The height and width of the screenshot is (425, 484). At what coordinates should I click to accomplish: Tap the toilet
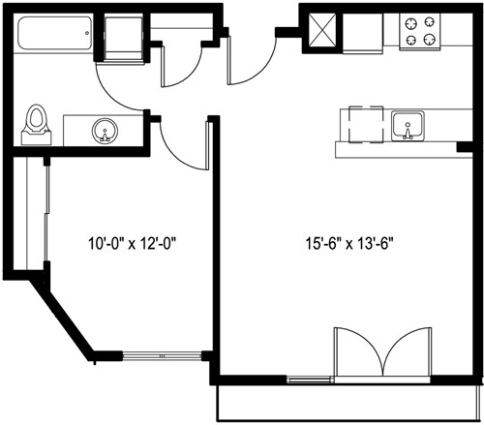tap(38, 123)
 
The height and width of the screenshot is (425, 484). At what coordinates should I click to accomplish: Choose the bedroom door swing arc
tap(182, 145)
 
